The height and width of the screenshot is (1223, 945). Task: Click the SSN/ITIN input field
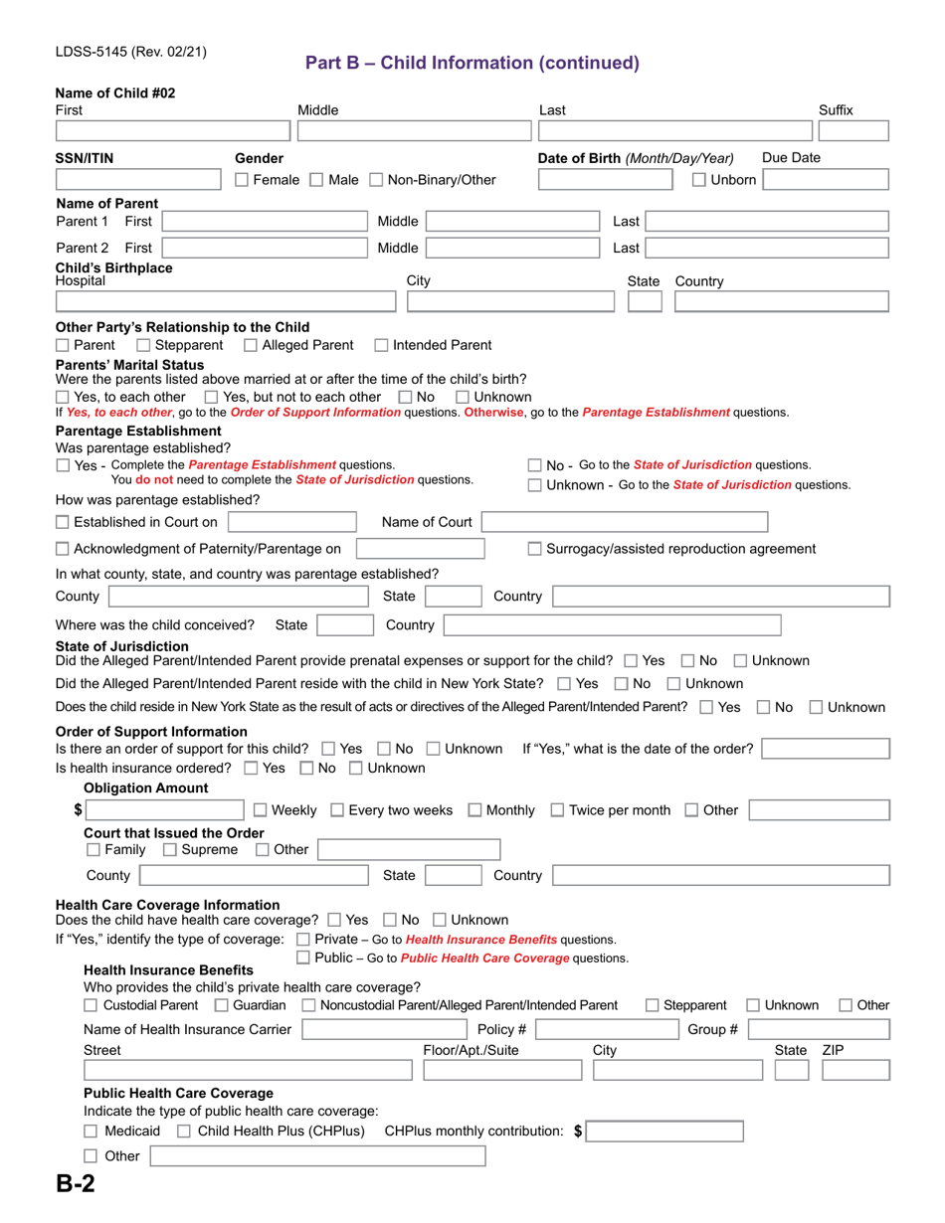(138, 180)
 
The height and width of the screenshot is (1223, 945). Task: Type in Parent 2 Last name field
(767, 248)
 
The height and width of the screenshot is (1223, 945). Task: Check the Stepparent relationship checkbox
(143, 345)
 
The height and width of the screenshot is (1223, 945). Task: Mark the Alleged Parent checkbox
(251, 345)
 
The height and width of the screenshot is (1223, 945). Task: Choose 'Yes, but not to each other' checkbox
(225, 397)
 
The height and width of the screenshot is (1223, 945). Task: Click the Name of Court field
(625, 522)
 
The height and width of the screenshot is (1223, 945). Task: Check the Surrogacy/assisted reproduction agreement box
(534, 549)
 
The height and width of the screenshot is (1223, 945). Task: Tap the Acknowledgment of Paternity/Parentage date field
(420, 549)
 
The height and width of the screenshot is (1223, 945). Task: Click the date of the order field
(825, 749)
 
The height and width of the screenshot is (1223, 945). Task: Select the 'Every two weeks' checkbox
(336, 810)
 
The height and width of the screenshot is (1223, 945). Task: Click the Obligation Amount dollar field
(164, 810)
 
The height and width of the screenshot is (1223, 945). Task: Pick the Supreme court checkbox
(169, 850)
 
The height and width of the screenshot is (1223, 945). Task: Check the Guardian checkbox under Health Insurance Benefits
(221, 1005)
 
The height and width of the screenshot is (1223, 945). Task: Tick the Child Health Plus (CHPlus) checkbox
(184, 1132)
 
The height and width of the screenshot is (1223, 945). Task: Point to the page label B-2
(76, 1183)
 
